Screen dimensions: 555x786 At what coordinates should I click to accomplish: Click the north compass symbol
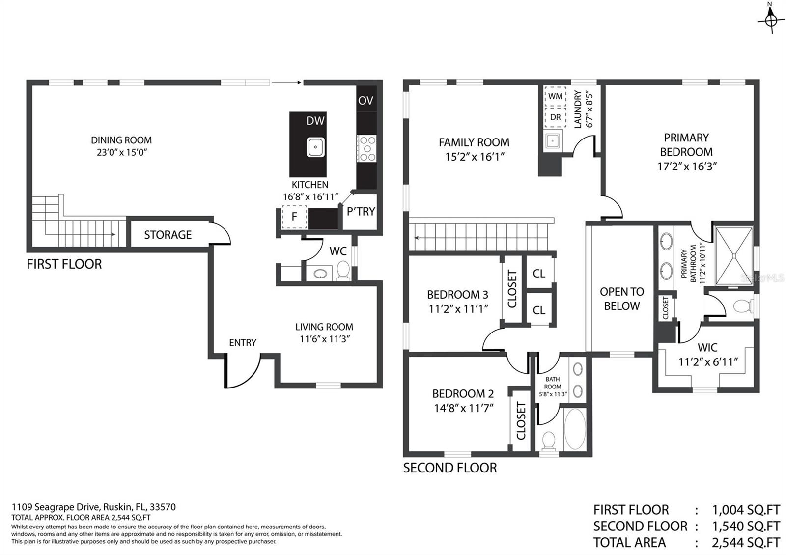click(770, 20)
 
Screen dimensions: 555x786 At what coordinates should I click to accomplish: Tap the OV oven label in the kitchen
click(365, 101)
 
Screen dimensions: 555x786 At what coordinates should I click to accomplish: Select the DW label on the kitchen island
click(315, 121)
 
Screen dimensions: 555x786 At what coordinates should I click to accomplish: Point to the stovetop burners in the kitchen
click(366, 148)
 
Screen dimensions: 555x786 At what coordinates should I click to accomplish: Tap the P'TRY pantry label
click(361, 212)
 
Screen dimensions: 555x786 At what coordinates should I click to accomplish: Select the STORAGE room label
click(168, 235)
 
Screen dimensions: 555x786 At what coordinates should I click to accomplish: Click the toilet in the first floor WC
click(343, 271)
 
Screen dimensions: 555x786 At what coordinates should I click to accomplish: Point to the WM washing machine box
click(555, 96)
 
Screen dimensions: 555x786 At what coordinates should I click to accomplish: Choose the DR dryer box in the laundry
click(555, 117)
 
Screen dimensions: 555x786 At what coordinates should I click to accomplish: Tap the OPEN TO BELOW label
click(621, 299)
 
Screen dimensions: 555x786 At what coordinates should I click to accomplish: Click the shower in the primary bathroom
click(734, 255)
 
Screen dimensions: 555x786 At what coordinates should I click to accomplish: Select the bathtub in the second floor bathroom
click(574, 428)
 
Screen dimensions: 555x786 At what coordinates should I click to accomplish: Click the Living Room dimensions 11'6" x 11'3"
click(324, 339)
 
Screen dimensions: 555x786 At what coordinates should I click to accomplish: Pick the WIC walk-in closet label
click(707, 348)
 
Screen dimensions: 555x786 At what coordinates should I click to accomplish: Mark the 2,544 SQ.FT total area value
click(745, 542)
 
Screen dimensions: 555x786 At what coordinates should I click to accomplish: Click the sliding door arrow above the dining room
click(286, 83)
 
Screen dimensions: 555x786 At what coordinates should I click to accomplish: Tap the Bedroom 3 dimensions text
click(458, 309)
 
